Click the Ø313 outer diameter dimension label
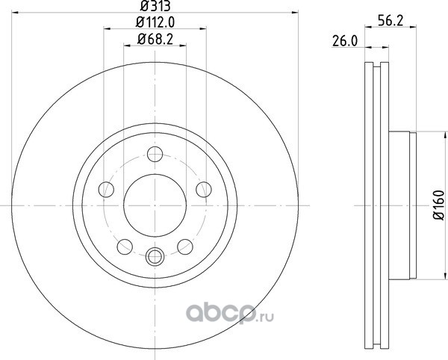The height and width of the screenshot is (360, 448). point(155,6)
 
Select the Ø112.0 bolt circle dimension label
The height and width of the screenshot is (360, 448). point(155,22)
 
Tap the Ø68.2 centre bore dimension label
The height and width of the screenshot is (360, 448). point(155,39)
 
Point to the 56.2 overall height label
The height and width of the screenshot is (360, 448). point(391,21)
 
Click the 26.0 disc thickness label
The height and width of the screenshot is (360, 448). point(345,42)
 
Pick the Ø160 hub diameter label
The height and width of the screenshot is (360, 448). point(439,205)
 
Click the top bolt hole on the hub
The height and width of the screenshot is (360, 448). point(155,155)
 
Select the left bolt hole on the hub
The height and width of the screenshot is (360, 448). point(106,189)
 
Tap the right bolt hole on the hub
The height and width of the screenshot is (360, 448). point(204,189)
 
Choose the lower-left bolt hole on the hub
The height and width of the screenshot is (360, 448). point(125,246)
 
